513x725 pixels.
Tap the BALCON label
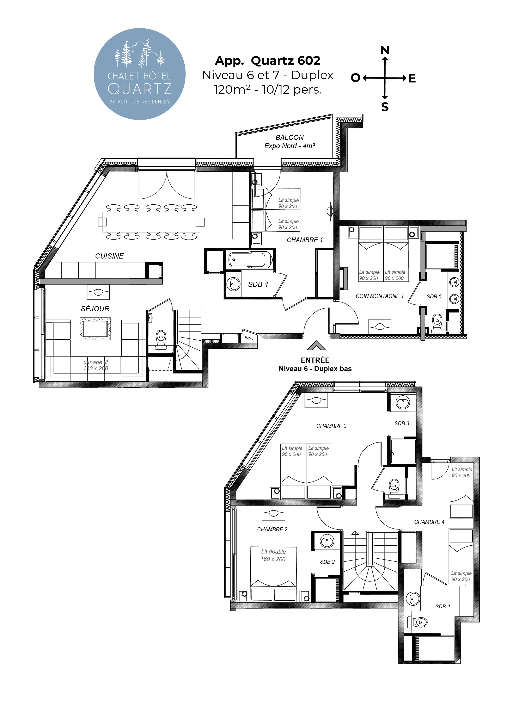pyautogui.click(x=289, y=138)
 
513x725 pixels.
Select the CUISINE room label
pyautogui.click(x=109, y=256)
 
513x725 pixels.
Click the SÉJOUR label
pyautogui.click(x=95, y=309)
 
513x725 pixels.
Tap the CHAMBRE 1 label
pyautogui.click(x=305, y=240)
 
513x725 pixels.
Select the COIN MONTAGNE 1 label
pyautogui.click(x=380, y=296)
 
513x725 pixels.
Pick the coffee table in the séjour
pyautogui.click(x=95, y=329)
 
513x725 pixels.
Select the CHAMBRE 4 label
pyautogui.click(x=429, y=522)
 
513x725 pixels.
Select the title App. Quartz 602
pyautogui.click(x=268, y=61)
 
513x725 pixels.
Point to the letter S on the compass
pyautogui.click(x=385, y=107)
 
